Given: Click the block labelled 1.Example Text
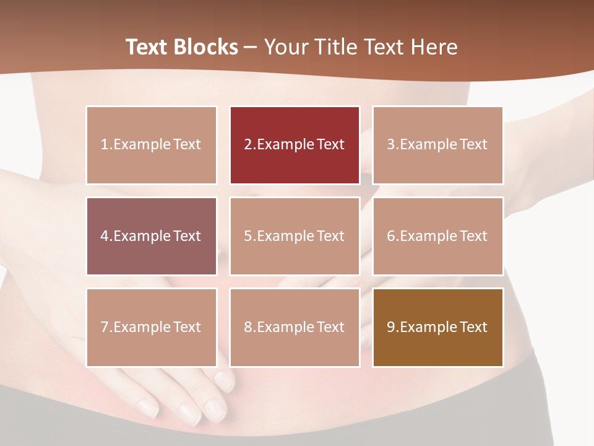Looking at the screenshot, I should [x=152, y=145].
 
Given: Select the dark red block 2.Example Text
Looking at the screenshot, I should [x=295, y=145].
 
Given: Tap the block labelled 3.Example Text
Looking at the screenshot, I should [x=437, y=145].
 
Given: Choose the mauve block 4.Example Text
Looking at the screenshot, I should [x=152, y=236].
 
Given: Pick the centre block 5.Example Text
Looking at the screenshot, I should [x=295, y=236].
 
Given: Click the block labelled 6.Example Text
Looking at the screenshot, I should [x=437, y=236].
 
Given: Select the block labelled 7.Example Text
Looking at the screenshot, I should [x=152, y=327].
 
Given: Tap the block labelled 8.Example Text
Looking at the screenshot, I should [x=295, y=327].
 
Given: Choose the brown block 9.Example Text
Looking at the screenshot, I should [x=437, y=327].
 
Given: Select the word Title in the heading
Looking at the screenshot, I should [x=334, y=47].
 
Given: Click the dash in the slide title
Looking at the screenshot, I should [x=251, y=47].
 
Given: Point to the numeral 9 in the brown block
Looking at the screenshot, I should [x=391, y=327].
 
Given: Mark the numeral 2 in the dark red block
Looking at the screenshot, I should [x=248, y=145].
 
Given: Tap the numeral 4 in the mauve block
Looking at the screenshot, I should [x=105, y=236].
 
